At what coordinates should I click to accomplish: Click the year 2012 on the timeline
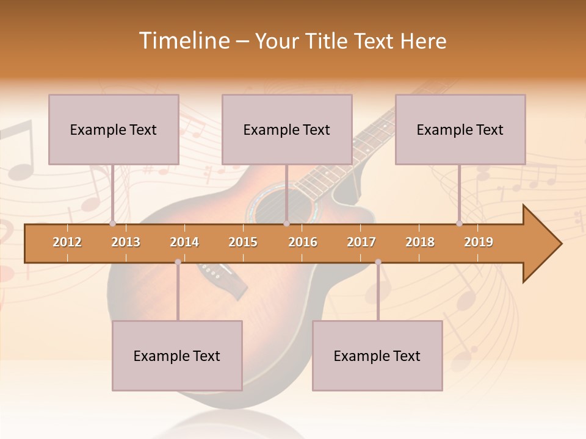(x=67, y=242)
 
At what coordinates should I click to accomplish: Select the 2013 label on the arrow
(x=126, y=242)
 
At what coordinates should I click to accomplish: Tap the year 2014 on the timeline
(x=184, y=242)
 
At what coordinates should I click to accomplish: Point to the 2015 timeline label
(x=243, y=242)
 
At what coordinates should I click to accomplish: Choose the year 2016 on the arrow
(x=303, y=242)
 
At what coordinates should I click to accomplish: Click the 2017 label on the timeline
(x=361, y=242)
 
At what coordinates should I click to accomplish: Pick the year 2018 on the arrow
(x=420, y=242)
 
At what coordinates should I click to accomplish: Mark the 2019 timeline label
(x=479, y=242)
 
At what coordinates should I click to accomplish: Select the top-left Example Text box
(x=114, y=129)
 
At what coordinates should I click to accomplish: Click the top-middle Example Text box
(x=287, y=129)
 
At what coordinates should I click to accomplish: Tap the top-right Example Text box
(x=460, y=129)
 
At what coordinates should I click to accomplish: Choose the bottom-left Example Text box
(x=177, y=355)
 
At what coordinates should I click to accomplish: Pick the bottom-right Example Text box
(x=377, y=355)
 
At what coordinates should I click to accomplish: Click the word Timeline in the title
(x=183, y=41)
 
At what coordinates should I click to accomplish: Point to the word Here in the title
(x=423, y=41)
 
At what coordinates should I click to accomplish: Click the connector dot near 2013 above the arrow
(x=113, y=224)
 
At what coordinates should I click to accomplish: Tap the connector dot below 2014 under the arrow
(x=178, y=262)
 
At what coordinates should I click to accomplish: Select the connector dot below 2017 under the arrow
(x=378, y=262)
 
